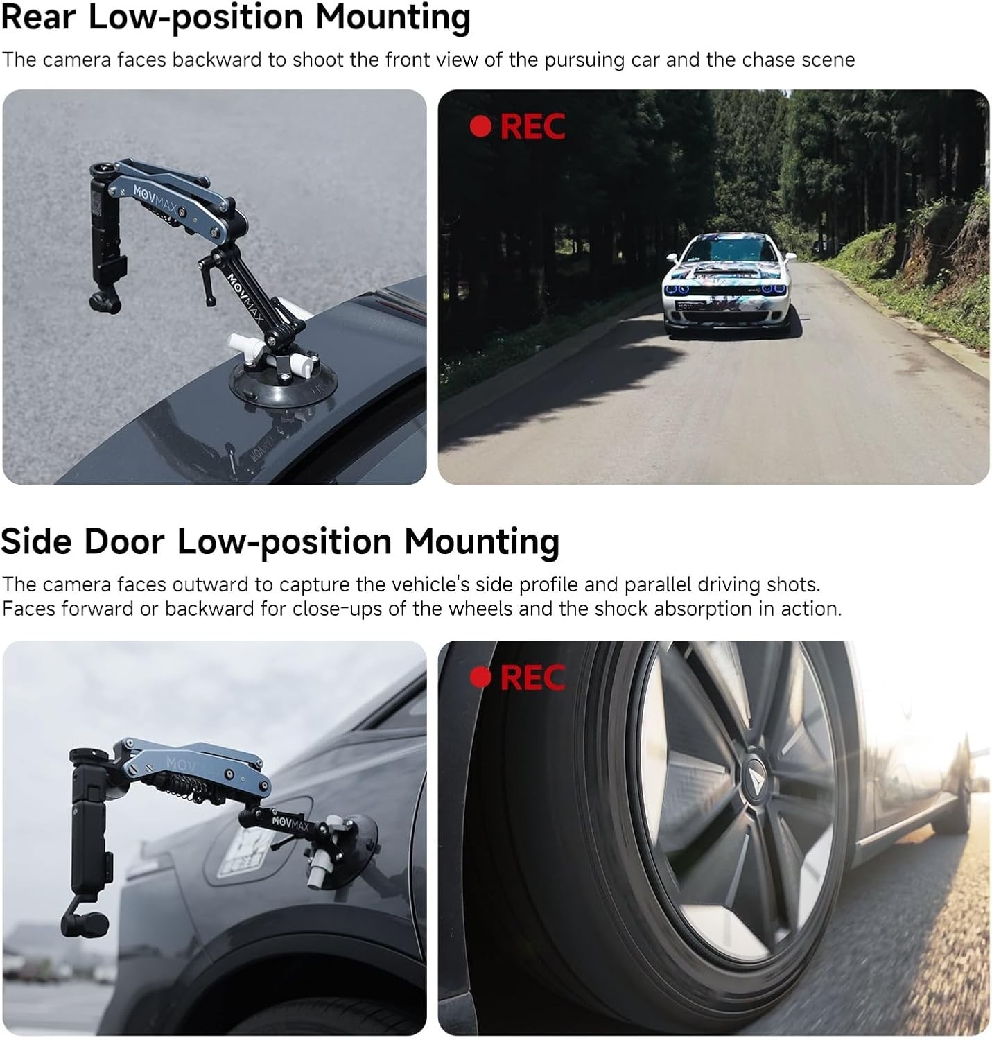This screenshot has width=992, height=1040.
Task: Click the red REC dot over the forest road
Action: [x=480, y=126]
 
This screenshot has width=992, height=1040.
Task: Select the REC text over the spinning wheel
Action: [x=532, y=677]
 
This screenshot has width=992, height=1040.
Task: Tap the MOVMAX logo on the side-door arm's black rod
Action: [x=290, y=823]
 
